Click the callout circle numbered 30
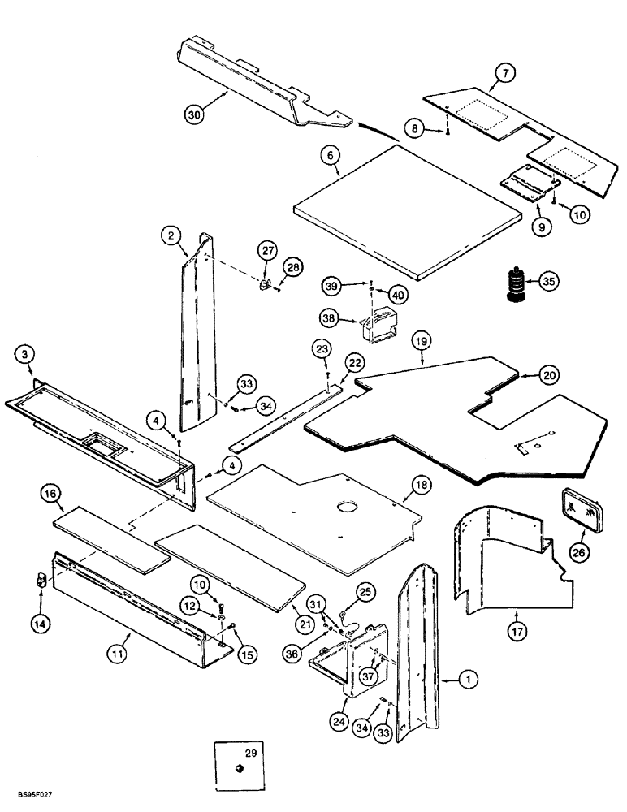[193, 115]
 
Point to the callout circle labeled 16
[50, 494]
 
